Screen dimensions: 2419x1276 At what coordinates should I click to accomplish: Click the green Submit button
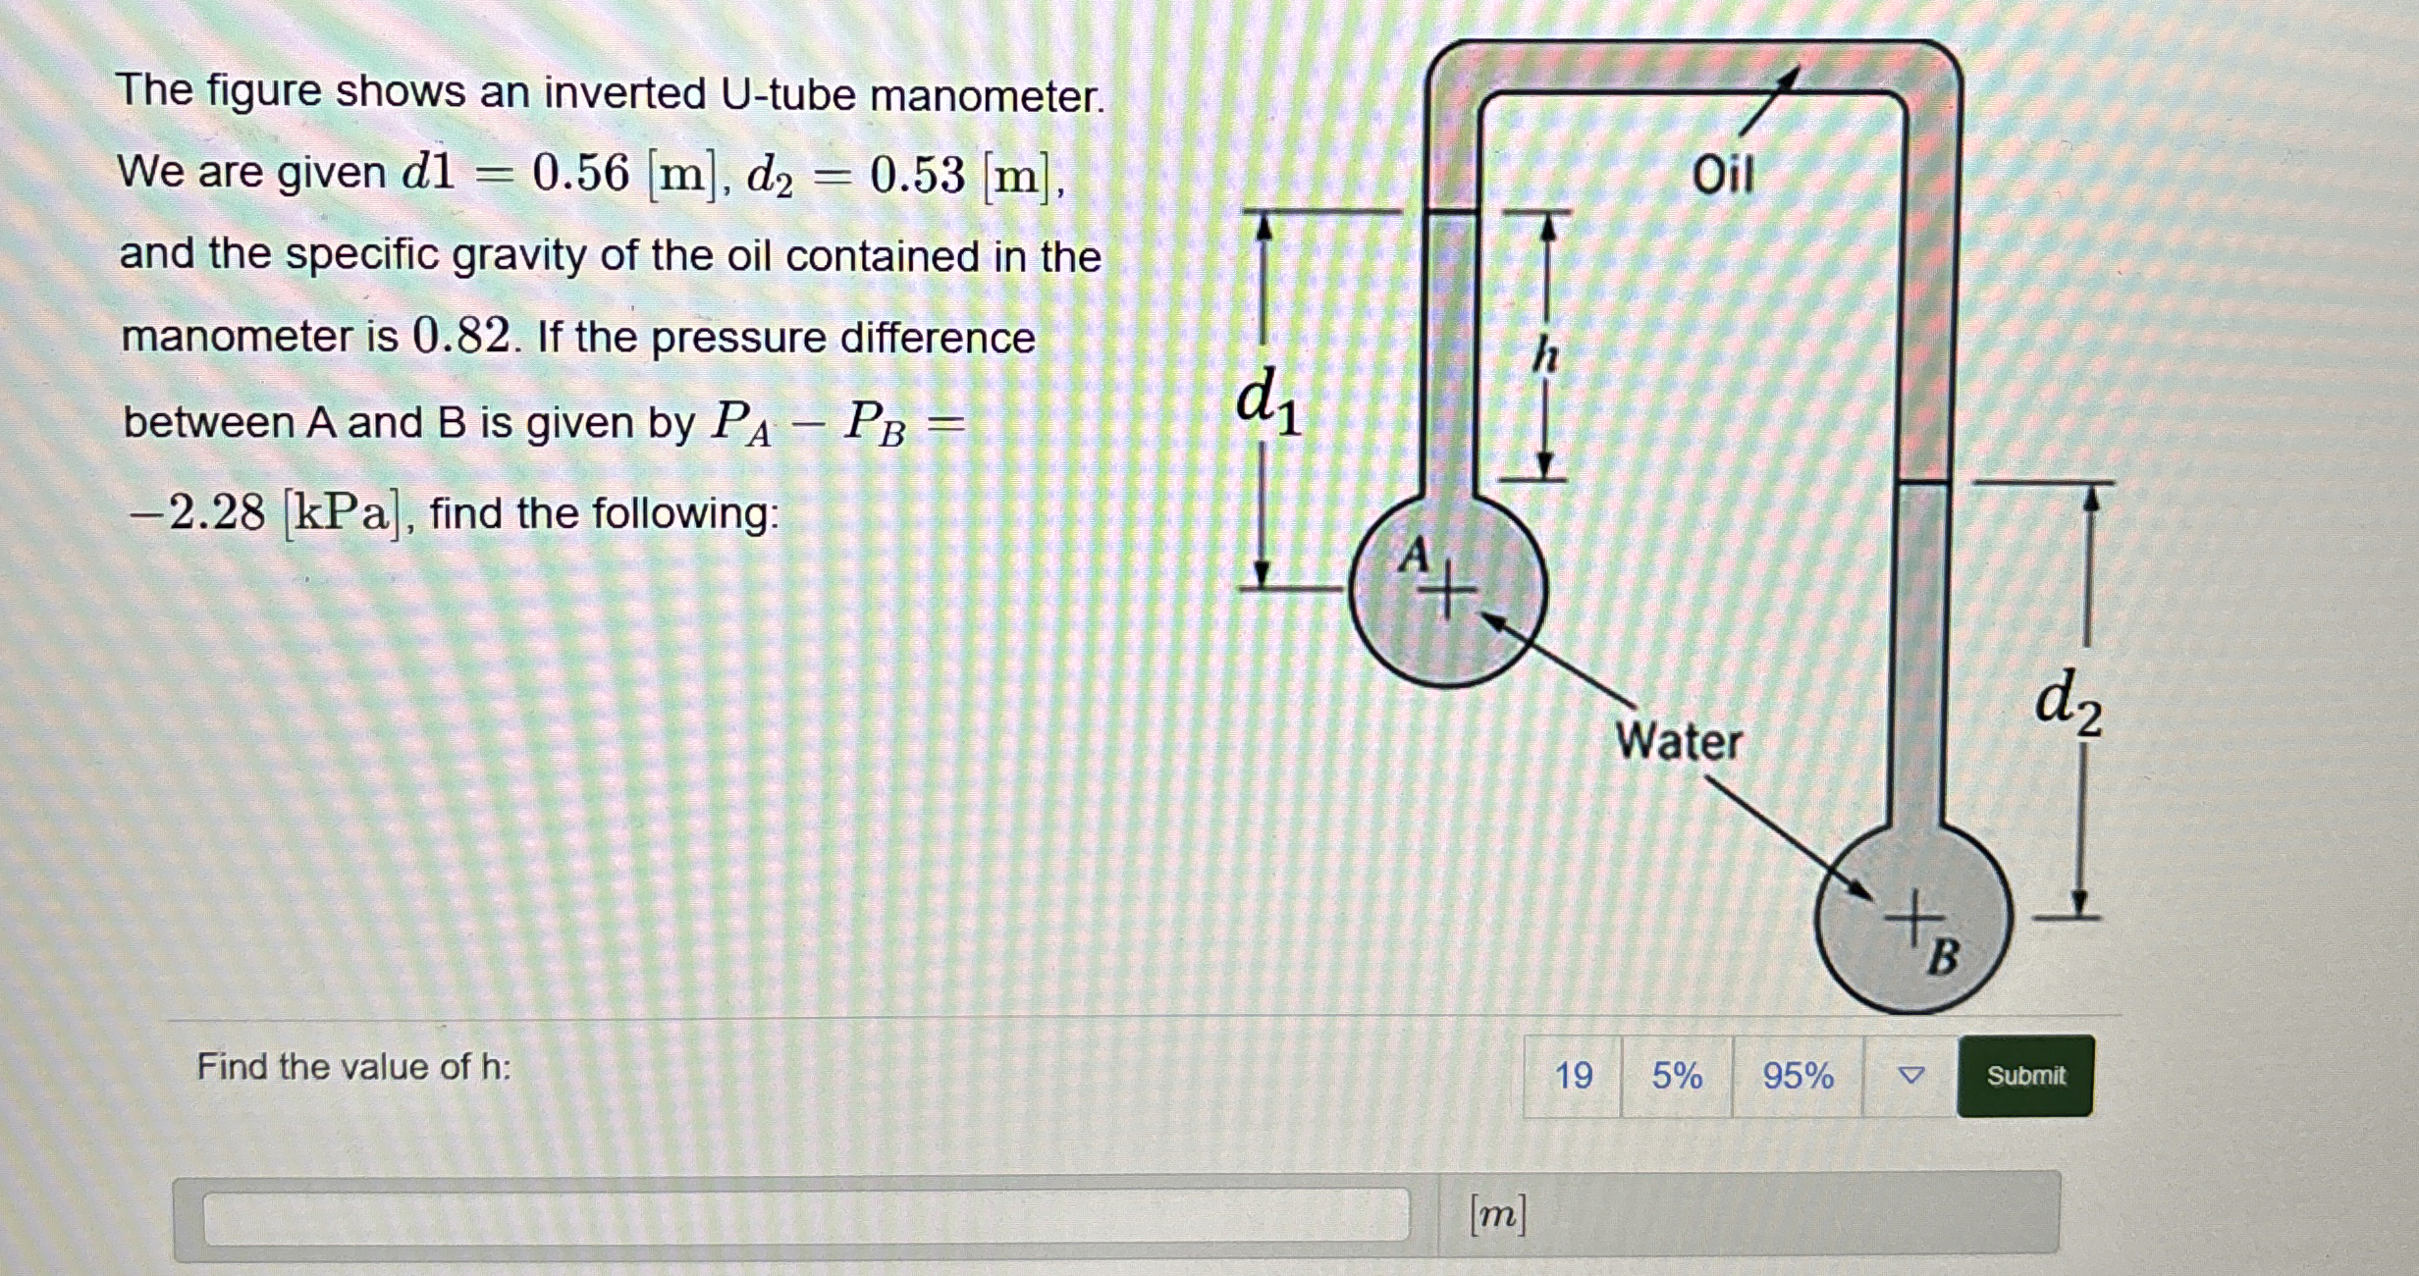pos(2024,1076)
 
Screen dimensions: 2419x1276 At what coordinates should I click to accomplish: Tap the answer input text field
pos(805,1215)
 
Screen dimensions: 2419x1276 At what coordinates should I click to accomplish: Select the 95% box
pos(1797,1076)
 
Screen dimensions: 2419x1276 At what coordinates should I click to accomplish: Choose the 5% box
pos(1676,1076)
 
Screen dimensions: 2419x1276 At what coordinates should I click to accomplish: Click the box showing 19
pos(1573,1076)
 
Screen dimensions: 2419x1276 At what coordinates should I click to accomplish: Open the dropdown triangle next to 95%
pos(1910,1076)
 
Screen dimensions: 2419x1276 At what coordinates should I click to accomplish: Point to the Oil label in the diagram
pos(1722,176)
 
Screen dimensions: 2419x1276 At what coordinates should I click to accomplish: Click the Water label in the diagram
pos(1679,741)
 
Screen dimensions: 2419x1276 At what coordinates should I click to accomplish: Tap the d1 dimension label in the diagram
pos(1267,401)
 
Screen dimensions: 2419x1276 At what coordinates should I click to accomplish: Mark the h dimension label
pos(1546,355)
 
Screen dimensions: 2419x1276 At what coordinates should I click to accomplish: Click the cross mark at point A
pos(1445,592)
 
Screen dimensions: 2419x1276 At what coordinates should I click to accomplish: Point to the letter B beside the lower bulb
pos(1943,957)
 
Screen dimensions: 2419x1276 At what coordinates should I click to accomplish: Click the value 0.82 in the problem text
pos(461,337)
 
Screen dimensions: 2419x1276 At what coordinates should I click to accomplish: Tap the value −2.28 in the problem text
pos(197,512)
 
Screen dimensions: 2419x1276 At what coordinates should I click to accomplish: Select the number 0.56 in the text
pos(580,174)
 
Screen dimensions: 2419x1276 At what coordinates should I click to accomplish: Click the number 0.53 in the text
pos(917,176)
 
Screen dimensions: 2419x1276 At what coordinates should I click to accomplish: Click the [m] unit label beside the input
pos(1497,1215)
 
